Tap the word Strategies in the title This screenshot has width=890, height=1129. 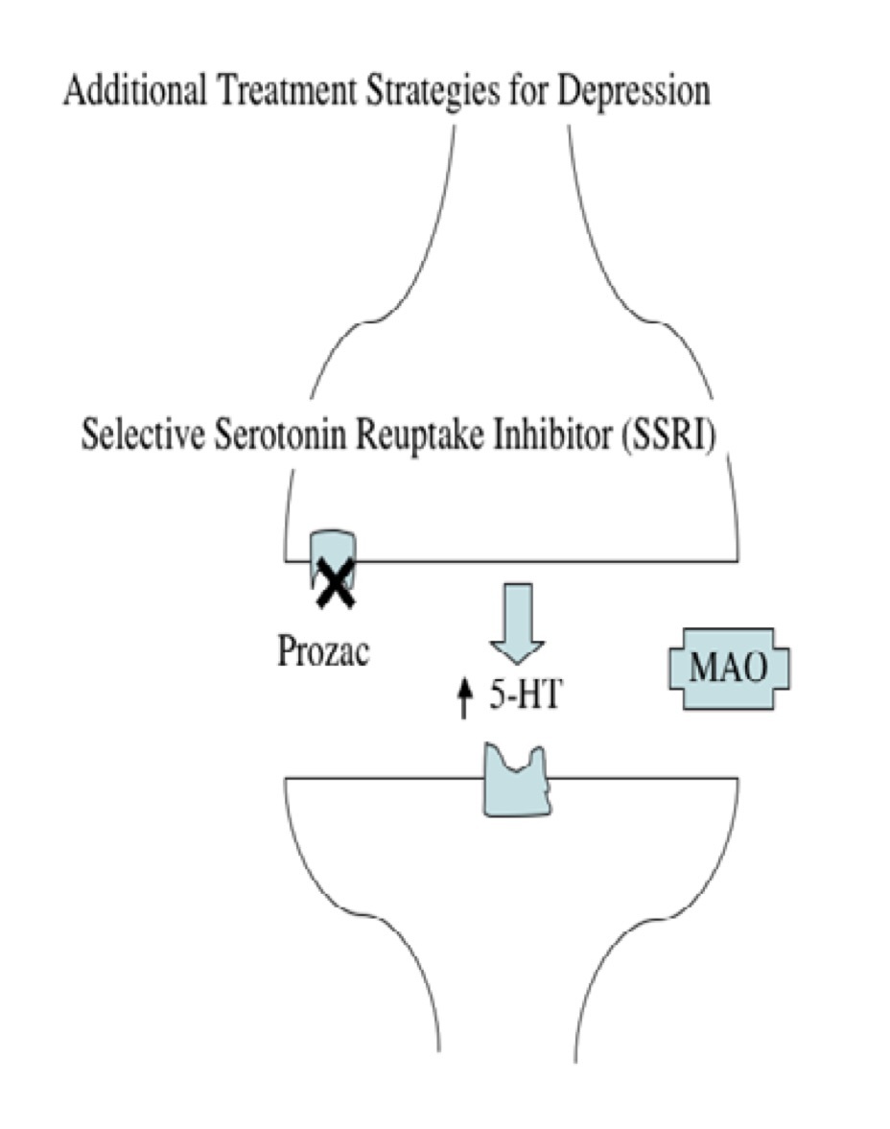pyautogui.click(x=410, y=93)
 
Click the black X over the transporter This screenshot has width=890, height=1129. pyautogui.click(x=336, y=584)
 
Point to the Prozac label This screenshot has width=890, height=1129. pyautogui.click(x=323, y=651)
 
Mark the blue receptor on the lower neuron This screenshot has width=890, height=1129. pyautogui.click(x=518, y=778)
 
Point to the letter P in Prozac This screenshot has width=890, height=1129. pyautogui.click(x=286, y=651)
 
